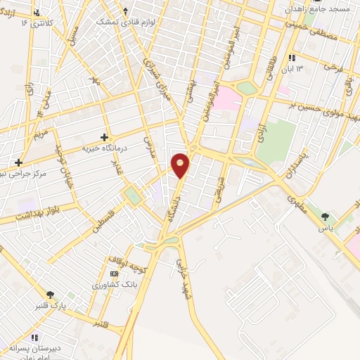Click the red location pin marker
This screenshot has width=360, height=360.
181,165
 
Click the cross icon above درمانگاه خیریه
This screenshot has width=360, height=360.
104,138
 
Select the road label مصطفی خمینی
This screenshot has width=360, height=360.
316,35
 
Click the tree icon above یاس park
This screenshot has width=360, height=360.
325,217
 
